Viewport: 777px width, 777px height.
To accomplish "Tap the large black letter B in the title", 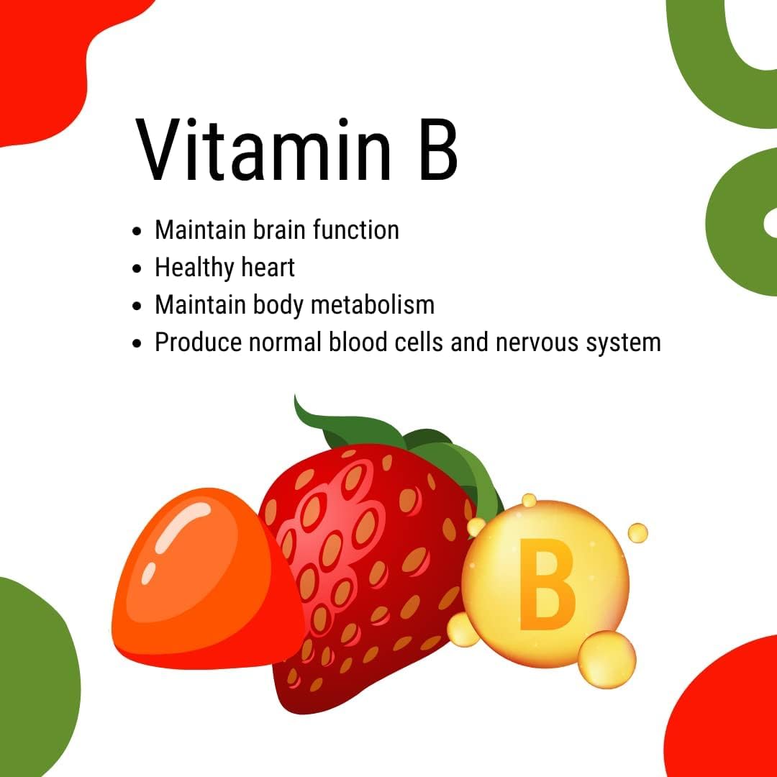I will [x=437, y=150].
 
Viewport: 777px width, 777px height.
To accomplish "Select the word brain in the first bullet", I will [x=276, y=230].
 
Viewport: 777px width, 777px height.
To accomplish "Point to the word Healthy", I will [x=194, y=268].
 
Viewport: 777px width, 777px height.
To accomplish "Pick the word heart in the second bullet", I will [x=268, y=268].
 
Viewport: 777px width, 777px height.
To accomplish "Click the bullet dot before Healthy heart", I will [x=138, y=269].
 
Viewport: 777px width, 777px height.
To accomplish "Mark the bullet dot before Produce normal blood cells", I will [x=138, y=344].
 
